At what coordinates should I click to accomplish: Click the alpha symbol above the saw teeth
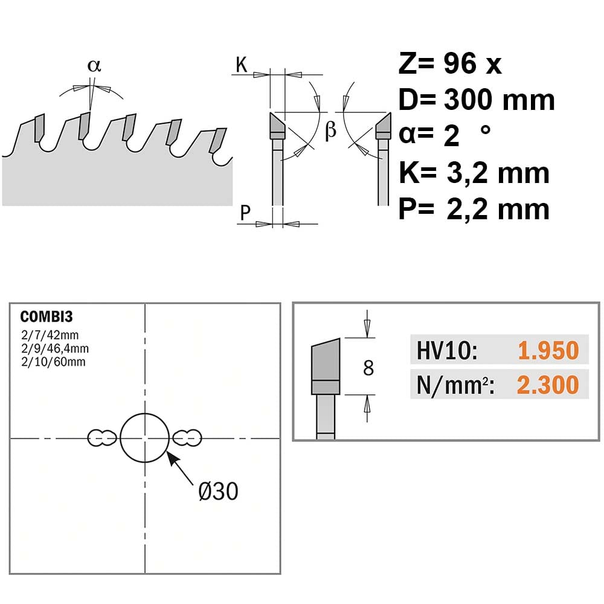(x=94, y=65)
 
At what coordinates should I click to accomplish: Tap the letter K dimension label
(x=242, y=65)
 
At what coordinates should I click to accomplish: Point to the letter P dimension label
(x=245, y=212)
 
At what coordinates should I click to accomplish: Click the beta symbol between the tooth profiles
(x=331, y=130)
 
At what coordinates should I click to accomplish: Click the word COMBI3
(x=47, y=316)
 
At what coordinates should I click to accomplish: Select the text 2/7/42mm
(x=50, y=335)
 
